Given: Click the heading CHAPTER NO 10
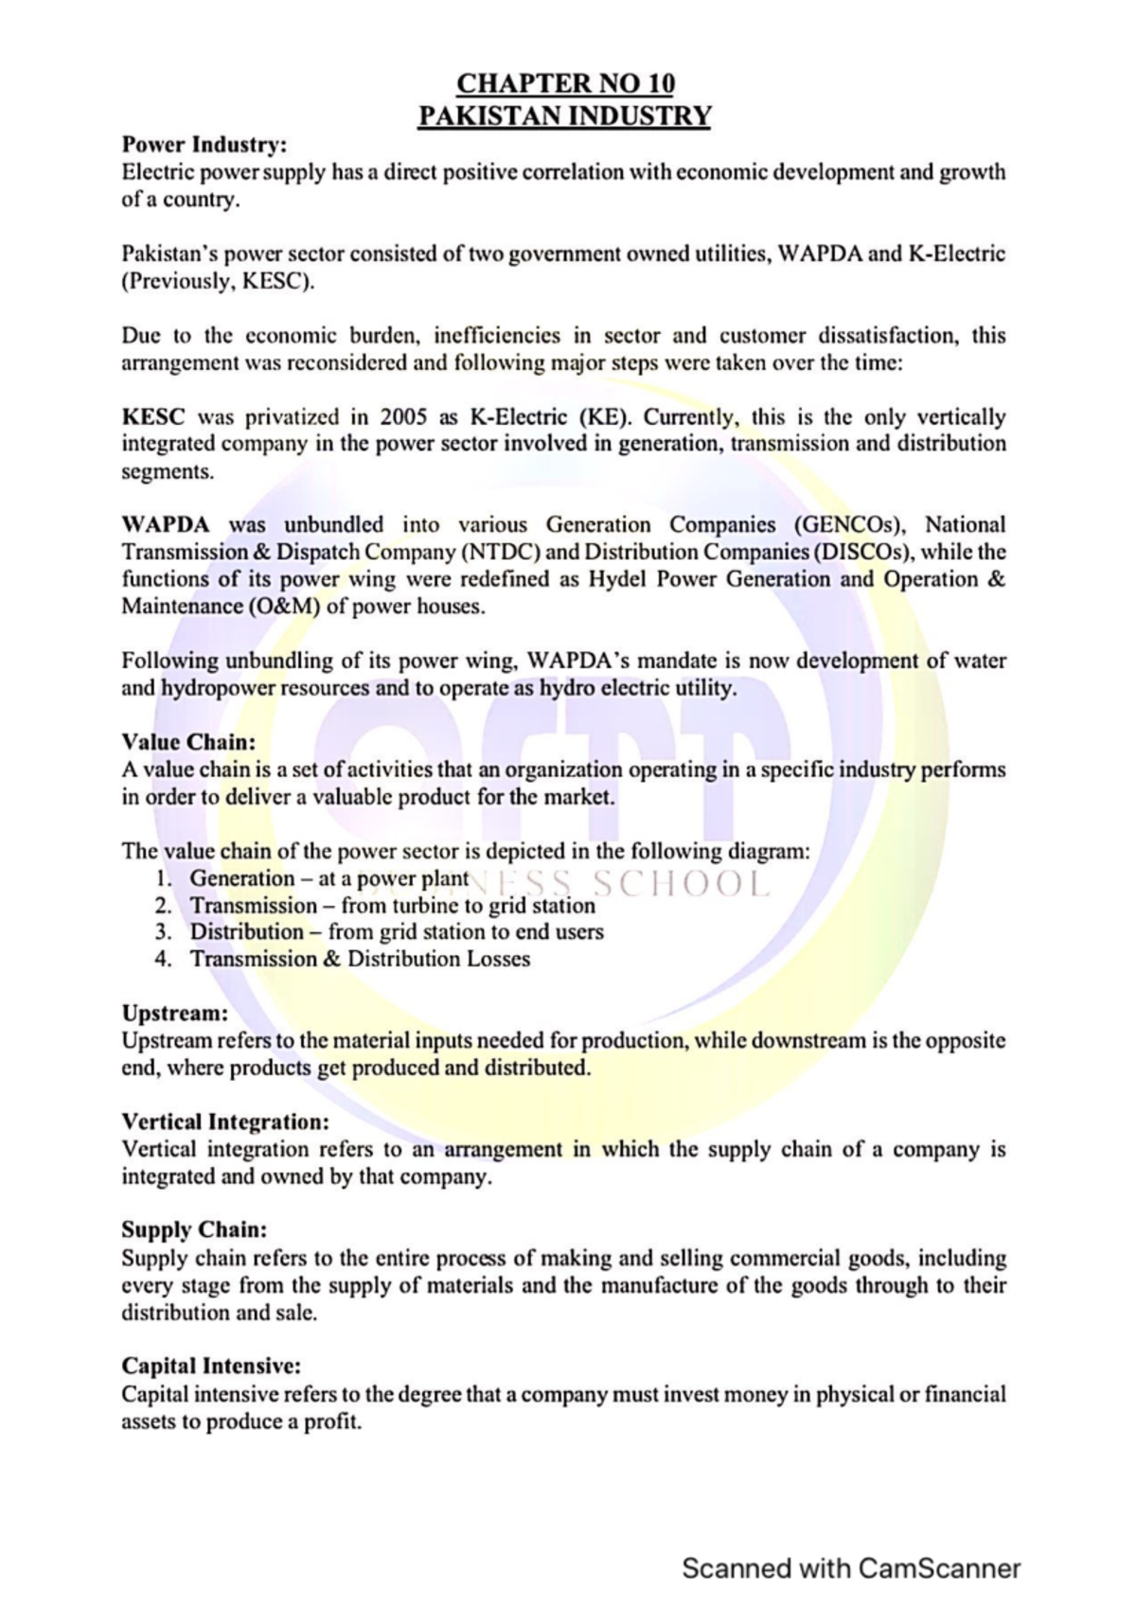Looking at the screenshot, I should (565, 83).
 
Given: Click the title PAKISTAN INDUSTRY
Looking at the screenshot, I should (565, 115).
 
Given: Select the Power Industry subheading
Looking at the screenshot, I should (204, 145).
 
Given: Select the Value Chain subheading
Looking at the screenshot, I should (188, 742).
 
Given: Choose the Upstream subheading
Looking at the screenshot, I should (175, 1013).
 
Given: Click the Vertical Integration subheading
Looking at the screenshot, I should (225, 1122).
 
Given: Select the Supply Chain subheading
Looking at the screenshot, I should (194, 1230).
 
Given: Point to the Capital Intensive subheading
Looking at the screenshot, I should (211, 1367).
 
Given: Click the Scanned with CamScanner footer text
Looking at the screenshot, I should (851, 1569).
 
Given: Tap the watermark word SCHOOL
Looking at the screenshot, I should (680, 884).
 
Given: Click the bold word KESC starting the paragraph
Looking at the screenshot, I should (153, 417).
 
